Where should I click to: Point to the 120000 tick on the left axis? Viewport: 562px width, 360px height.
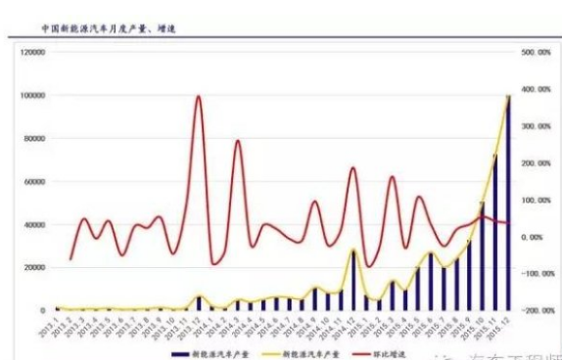[31, 52]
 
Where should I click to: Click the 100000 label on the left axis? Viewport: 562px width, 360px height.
[31, 95]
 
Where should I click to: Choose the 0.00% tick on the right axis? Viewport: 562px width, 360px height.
[534, 237]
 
